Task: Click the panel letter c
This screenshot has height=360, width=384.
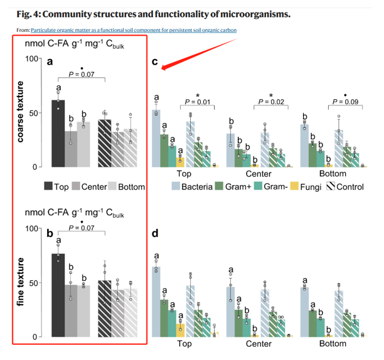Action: [155, 62]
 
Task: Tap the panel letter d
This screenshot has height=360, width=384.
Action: [155, 234]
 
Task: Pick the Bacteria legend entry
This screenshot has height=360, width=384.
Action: [195, 186]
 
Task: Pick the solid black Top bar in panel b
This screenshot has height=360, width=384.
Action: [58, 295]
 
